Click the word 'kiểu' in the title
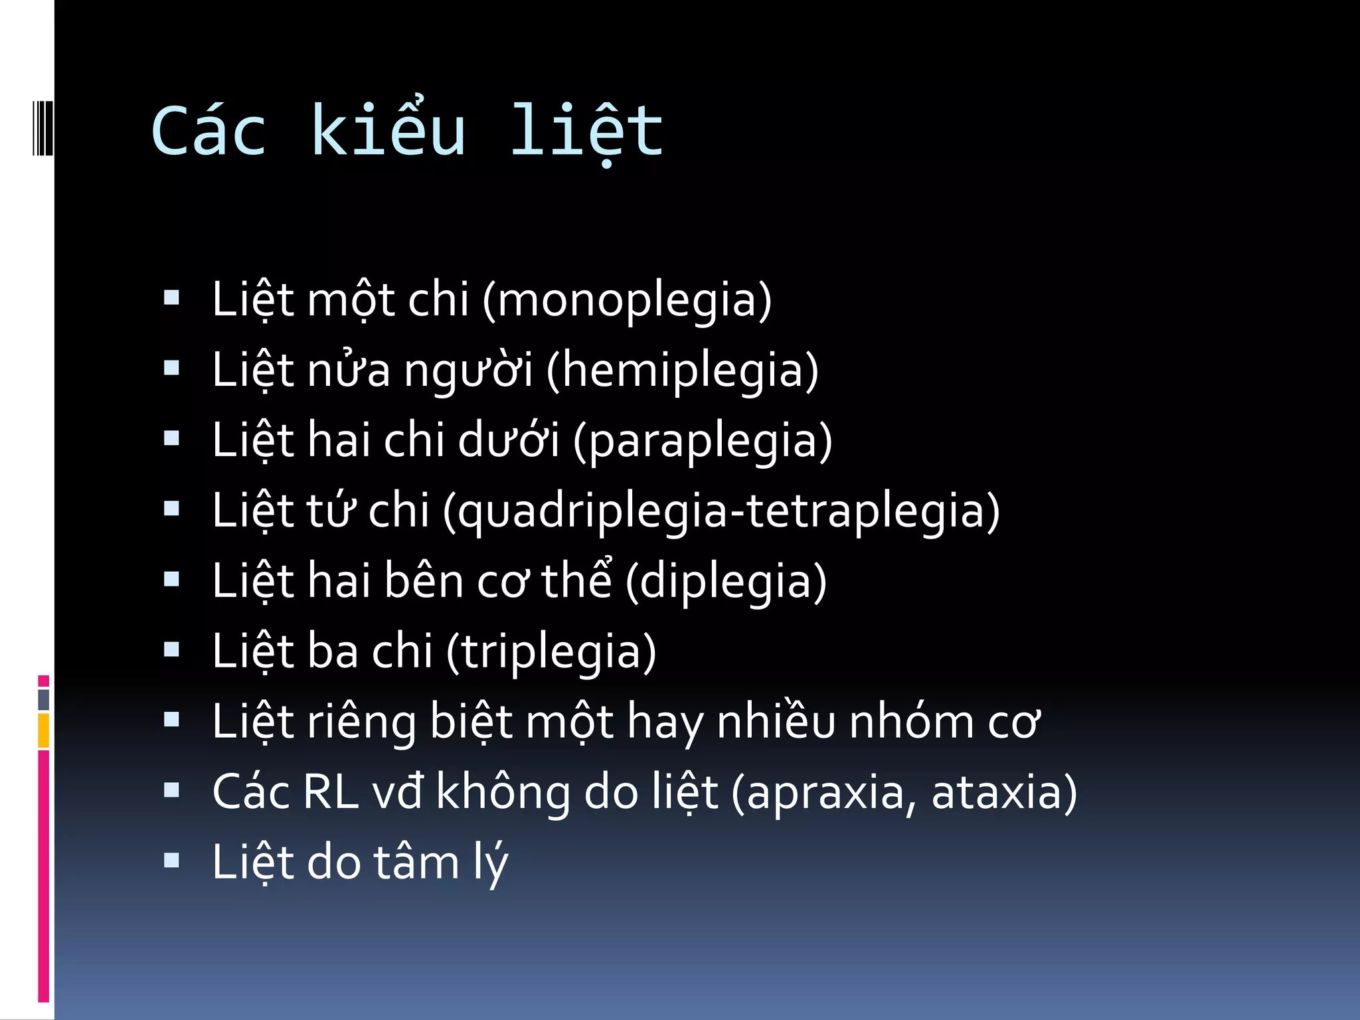pyautogui.click(x=388, y=131)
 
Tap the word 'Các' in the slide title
pyautogui.click(x=209, y=131)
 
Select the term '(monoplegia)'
pyautogui.click(x=627, y=300)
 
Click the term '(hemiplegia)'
pyautogui.click(x=682, y=371)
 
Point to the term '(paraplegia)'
pyautogui.click(x=702, y=441)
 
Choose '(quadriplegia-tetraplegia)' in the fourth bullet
pyautogui.click(x=721, y=511)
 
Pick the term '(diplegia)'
pyautogui.click(x=726, y=582)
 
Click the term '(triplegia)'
pyautogui.click(x=551, y=652)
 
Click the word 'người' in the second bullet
pyautogui.click(x=468, y=371)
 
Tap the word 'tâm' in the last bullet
pyautogui.click(x=416, y=863)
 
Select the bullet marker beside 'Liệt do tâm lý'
pyautogui.click(x=172, y=861)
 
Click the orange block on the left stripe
pyautogui.click(x=44, y=730)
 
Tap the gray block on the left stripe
pyautogui.click(x=44, y=700)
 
